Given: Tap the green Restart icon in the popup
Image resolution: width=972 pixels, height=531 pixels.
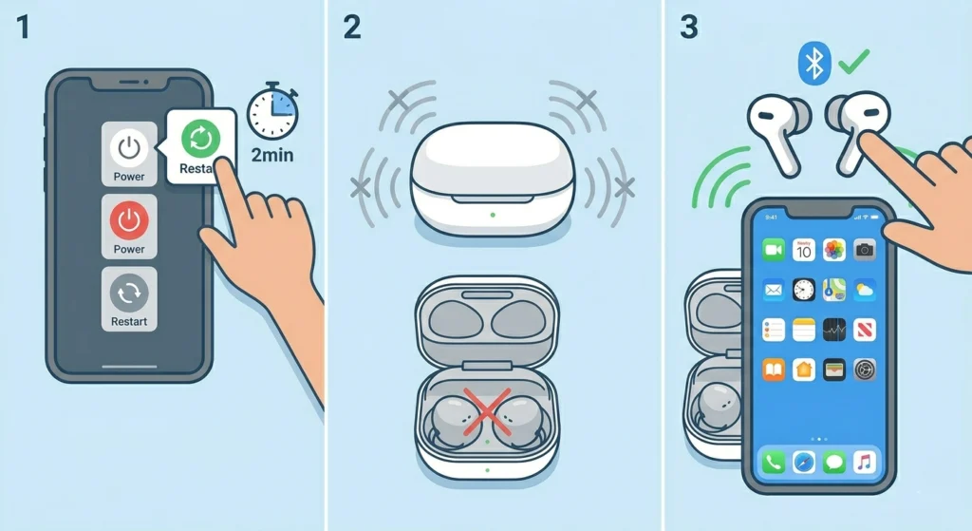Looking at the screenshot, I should [x=201, y=138].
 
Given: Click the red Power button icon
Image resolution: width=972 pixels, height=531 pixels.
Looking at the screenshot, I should [x=129, y=220].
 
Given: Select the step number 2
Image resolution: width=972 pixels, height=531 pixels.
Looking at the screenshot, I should [x=352, y=27].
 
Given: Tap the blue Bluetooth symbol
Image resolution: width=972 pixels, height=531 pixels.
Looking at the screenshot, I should [x=813, y=64].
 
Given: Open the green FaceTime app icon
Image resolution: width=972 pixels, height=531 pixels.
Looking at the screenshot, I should [x=773, y=250].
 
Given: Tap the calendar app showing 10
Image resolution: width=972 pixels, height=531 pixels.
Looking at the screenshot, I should [x=804, y=250].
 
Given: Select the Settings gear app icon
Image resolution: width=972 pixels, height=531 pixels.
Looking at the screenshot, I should [x=864, y=369].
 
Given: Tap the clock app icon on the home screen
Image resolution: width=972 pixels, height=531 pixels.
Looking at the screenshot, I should [x=804, y=290].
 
